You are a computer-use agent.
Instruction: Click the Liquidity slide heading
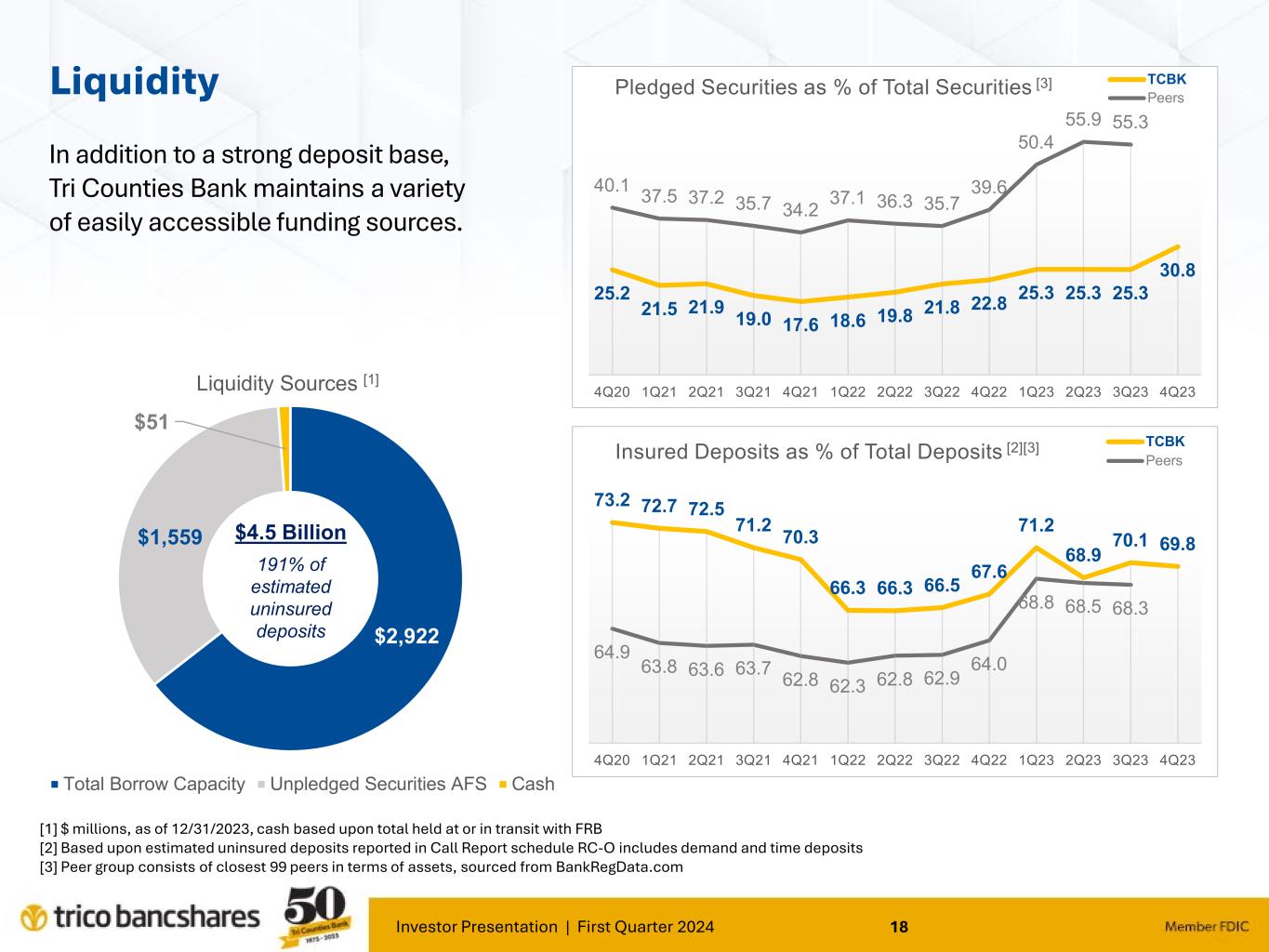(x=134, y=82)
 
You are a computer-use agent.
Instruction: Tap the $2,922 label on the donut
(x=406, y=637)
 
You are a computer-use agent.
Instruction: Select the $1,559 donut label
(x=170, y=536)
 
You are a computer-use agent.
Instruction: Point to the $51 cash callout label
(x=152, y=421)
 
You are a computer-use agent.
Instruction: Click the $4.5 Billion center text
(x=290, y=533)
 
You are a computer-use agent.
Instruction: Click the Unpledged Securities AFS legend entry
(x=377, y=784)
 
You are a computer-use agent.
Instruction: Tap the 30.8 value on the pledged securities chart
(x=1178, y=271)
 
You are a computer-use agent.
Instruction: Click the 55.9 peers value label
(x=1083, y=120)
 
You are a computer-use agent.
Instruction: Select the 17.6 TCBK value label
(x=800, y=324)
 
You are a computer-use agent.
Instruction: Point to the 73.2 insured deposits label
(x=612, y=500)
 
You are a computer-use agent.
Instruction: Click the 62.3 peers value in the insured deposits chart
(x=847, y=686)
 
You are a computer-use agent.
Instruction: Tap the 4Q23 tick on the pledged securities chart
(x=1178, y=391)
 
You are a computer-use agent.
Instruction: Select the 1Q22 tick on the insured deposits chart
(x=847, y=760)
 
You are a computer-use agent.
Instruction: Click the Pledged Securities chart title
(x=823, y=87)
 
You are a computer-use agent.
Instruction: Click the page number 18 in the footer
(x=899, y=926)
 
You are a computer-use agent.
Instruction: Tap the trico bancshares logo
(x=140, y=918)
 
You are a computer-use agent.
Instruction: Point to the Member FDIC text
(x=1207, y=926)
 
